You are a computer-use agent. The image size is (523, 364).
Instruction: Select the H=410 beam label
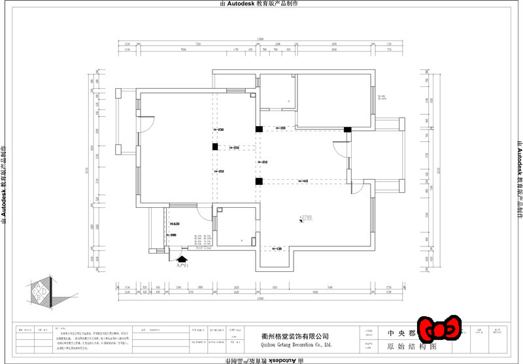tap(303, 180)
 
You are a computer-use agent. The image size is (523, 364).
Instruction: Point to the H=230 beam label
tap(218, 130)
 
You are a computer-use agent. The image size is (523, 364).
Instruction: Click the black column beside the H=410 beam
tap(259, 181)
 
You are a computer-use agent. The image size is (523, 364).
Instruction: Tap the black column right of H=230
tap(259, 128)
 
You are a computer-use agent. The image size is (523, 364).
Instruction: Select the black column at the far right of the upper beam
tap(348, 128)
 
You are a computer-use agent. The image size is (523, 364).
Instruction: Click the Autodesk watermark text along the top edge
tap(261, 4)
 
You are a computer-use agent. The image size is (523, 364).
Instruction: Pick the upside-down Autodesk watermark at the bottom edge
tap(261, 360)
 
